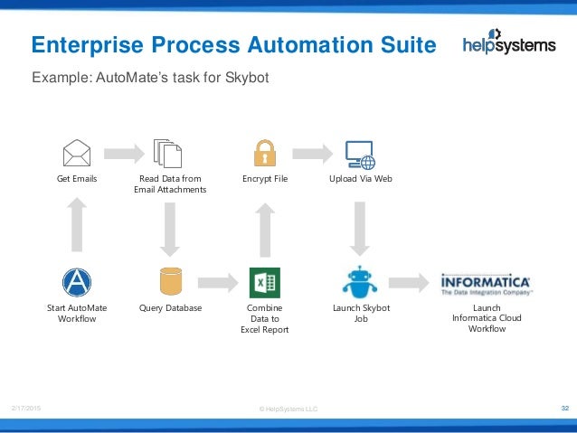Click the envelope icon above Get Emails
tap(77, 153)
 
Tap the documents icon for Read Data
tap(168, 154)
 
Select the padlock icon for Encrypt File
tap(264, 153)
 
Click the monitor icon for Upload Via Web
tap(359, 155)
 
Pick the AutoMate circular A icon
tap(77, 282)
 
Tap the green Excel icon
tap(265, 282)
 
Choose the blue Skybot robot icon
tap(359, 282)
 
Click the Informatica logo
tap(486, 285)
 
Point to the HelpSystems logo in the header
tap(508, 44)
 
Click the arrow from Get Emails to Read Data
tap(122, 153)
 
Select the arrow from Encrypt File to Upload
tap(312, 153)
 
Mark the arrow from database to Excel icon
tap(217, 283)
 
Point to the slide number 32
tap(564, 409)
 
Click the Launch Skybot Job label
tap(359, 313)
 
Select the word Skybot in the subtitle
tap(245, 78)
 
